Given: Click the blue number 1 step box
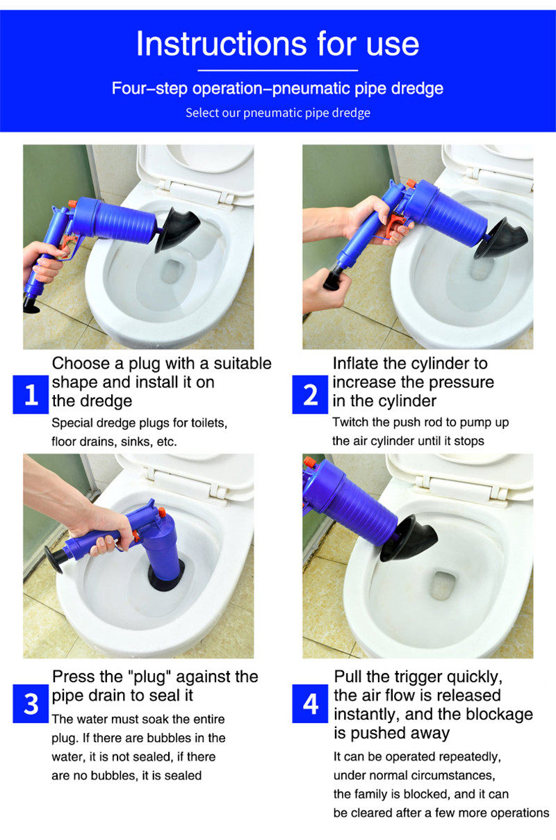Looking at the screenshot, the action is point(31,394).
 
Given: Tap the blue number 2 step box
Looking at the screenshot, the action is point(310,394).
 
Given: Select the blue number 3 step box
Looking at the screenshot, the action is point(31,704).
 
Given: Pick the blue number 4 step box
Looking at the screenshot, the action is point(310,704).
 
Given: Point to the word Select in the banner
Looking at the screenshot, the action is point(202,113).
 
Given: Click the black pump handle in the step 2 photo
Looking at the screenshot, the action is point(333,279).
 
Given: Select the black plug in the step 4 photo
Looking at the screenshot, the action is point(409,539).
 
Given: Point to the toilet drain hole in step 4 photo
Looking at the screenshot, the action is point(443,585).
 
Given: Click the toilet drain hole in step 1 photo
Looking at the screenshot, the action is point(172,270).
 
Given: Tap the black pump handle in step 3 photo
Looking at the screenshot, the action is point(53,560).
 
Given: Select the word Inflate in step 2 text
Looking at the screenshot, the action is point(355,364).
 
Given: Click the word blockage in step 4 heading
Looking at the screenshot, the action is point(500,714).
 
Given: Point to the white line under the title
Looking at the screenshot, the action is point(278,70).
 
